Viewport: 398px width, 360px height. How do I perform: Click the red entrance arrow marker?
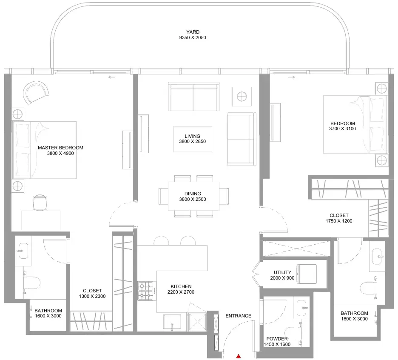tap(239, 356)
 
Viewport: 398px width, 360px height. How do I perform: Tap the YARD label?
tap(193, 32)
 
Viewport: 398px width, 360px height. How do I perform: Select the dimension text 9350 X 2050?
tap(193, 37)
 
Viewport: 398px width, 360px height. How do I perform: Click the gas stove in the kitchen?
tap(147, 291)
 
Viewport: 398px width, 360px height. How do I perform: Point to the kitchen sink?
tap(172, 323)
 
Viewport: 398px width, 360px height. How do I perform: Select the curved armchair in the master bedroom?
tap(36, 92)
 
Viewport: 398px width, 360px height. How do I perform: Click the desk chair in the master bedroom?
tap(40, 202)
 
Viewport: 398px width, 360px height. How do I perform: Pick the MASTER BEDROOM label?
tap(60, 148)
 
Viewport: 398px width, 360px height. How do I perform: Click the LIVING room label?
tap(192, 136)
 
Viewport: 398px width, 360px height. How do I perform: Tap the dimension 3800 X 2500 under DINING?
tap(193, 199)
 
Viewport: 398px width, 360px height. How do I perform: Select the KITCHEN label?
tap(181, 286)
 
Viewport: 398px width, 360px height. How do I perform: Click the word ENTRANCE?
tap(239, 316)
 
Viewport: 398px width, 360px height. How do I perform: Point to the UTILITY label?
tap(282, 272)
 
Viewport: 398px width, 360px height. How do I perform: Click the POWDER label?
tap(277, 339)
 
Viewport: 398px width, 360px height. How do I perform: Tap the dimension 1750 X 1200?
tap(339, 221)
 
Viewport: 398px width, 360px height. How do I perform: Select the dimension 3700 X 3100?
tap(342, 129)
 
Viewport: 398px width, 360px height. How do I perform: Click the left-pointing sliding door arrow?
tap(112, 77)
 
